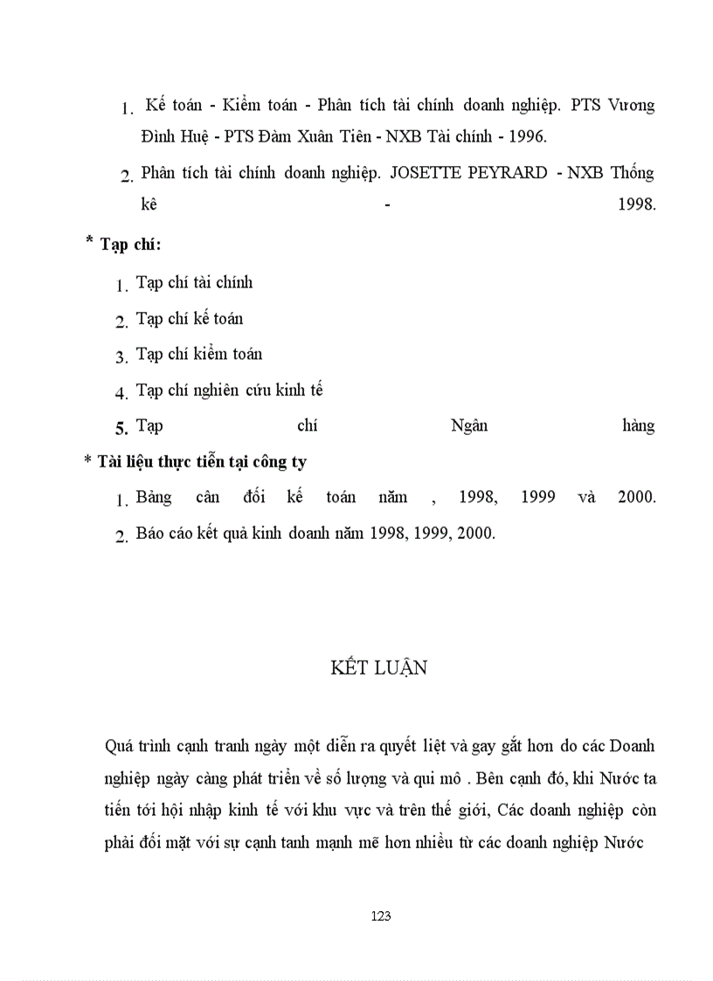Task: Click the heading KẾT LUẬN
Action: tap(379, 668)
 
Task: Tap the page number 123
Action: tap(380, 916)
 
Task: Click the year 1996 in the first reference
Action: tap(527, 137)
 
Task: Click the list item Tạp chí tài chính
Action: tap(194, 283)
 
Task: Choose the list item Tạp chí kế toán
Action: tap(190, 319)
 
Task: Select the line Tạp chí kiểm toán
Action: tap(199, 355)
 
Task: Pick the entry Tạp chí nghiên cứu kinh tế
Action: tap(230, 390)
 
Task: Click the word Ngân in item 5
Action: tap(469, 426)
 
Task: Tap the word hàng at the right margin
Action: tap(638, 426)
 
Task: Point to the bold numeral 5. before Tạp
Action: tap(121, 428)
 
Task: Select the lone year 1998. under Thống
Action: tap(636, 206)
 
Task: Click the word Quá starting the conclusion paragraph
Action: tap(117, 747)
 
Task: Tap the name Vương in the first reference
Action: tap(632, 106)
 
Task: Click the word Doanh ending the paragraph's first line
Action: tap(632, 747)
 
